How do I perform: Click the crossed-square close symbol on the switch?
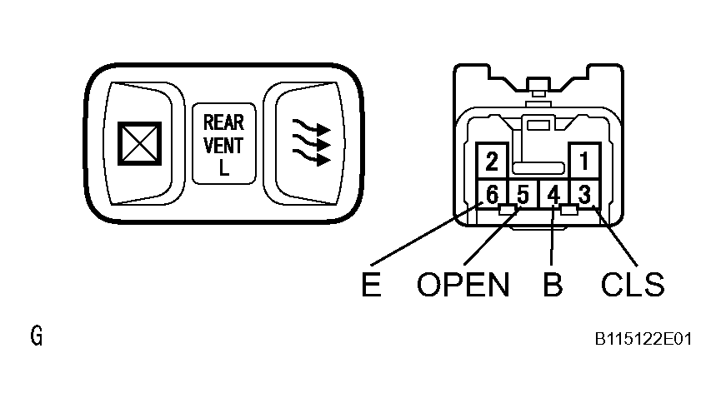135,143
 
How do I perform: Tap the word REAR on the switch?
223,123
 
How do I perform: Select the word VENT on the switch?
223,145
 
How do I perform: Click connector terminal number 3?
584,195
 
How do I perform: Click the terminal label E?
372,286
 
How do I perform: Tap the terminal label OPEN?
463,286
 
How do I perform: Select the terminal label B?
552,286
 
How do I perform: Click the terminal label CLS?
633,286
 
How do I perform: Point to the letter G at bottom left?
36,337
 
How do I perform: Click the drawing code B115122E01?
643,340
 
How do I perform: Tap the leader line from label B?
553,241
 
